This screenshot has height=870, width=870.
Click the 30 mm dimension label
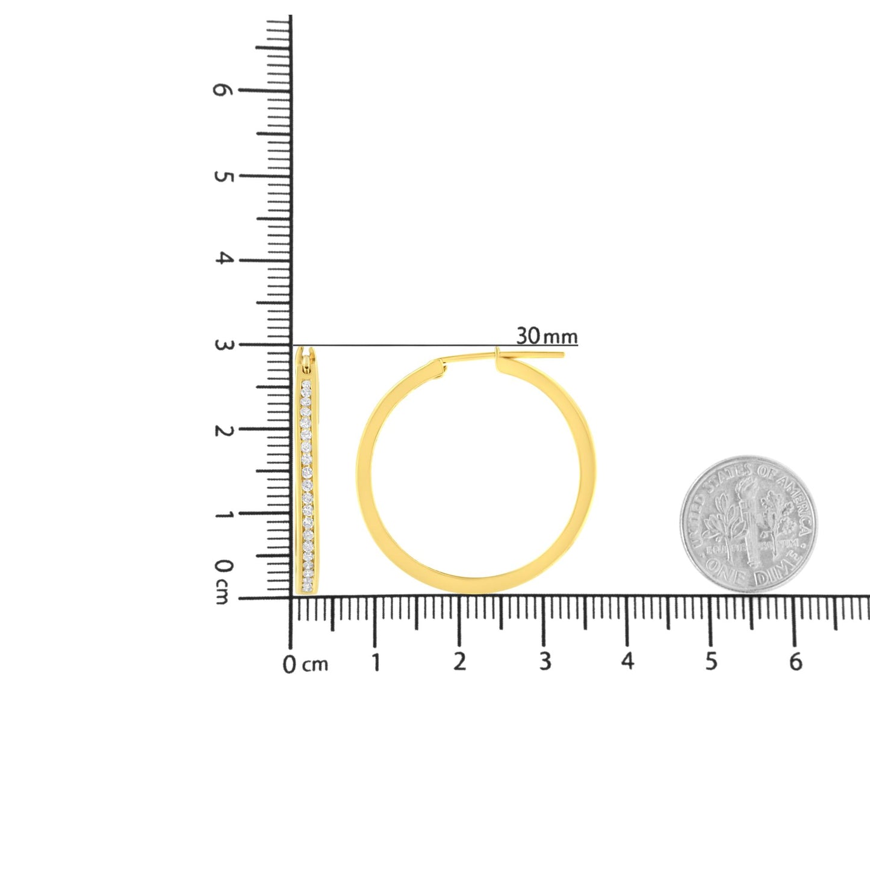546,335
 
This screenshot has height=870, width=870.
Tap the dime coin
748,523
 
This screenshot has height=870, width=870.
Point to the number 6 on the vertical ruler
222,90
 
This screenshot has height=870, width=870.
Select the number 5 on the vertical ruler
222,176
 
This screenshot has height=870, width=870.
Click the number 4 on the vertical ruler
223,259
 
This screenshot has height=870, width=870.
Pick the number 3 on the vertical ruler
223,346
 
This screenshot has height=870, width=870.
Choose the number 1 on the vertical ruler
223,515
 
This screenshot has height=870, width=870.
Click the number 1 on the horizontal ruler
376,662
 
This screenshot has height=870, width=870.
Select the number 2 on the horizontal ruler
460,662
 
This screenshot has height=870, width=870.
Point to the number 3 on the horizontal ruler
545,662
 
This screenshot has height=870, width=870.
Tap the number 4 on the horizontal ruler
628,662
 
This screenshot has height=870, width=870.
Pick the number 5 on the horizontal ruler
712,662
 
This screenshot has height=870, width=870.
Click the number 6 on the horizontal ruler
795,662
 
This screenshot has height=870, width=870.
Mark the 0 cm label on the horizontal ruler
305,665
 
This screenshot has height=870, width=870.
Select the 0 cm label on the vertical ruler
223,580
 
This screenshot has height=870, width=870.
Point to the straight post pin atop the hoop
530,354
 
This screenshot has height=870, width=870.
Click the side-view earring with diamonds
308,473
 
